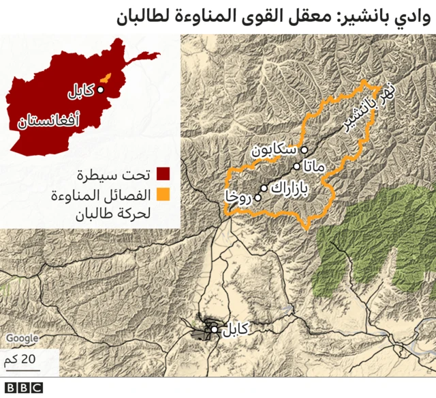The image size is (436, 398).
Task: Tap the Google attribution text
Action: pos(22,338)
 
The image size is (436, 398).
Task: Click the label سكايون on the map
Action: pos(274,147)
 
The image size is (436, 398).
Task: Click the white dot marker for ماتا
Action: pos(296,166)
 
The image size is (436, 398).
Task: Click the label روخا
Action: pos(240,198)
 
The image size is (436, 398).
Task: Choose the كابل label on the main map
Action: pos(235,330)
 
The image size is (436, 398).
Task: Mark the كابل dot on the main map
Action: pos(215,330)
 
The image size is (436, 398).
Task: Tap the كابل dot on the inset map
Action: pos(100,89)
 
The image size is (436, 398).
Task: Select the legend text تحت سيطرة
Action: pos(123,172)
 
